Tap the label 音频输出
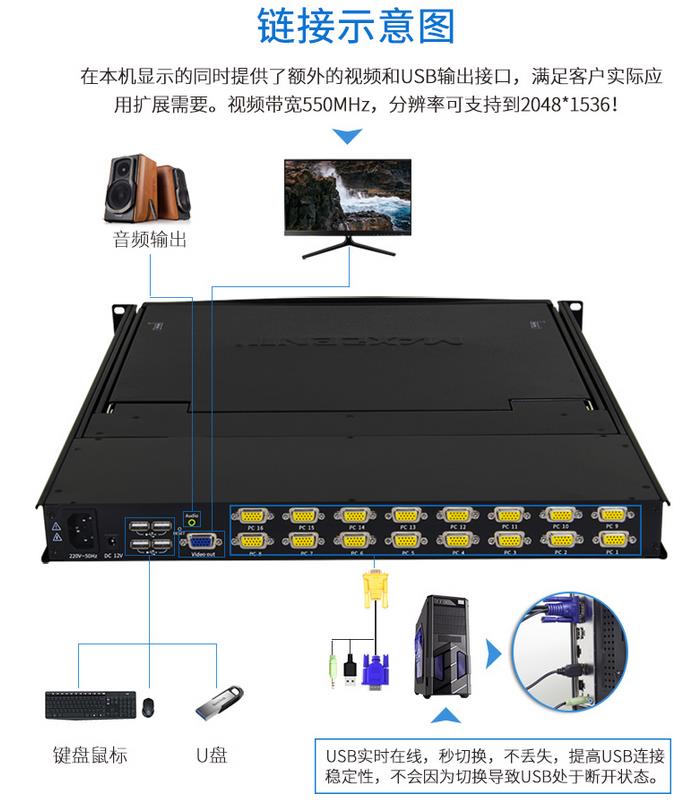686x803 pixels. (x=149, y=240)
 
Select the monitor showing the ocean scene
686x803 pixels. (x=347, y=199)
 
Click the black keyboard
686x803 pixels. (x=88, y=705)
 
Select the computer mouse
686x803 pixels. (x=148, y=706)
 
